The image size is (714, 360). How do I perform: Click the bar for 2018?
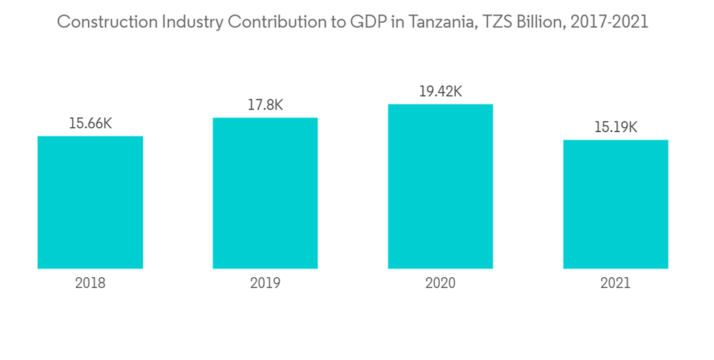click(90, 202)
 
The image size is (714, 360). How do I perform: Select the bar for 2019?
click(265, 193)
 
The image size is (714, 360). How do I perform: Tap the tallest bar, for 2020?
click(440, 186)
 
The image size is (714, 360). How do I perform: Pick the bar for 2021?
click(615, 204)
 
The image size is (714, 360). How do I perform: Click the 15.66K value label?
click(90, 123)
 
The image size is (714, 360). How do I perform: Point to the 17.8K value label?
click(265, 105)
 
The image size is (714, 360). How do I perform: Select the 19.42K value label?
click(440, 91)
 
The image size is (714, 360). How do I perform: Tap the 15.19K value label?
click(615, 127)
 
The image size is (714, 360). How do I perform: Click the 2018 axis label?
click(90, 284)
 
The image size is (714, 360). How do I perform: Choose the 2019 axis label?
click(265, 284)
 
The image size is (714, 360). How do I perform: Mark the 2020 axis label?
click(440, 284)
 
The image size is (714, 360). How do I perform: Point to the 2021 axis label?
click(615, 284)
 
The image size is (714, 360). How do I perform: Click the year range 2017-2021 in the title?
click(612, 22)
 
